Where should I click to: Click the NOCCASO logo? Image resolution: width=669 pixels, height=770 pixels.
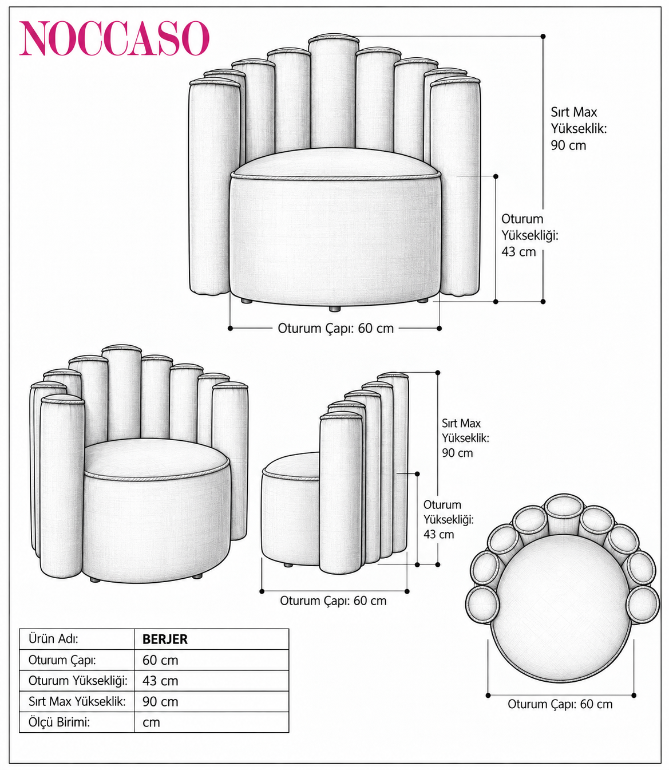pos(114,38)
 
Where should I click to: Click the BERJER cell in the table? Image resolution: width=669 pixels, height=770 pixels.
pos(165,639)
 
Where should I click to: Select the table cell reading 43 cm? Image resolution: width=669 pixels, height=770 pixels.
pos(160,681)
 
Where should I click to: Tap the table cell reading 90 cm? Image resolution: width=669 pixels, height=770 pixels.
pos(160,701)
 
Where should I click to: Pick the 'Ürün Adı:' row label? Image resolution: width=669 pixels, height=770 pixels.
pos(53,638)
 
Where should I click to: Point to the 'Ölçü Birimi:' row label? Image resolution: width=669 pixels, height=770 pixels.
pos(59,722)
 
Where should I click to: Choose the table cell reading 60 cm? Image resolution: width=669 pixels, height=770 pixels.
pos(160,660)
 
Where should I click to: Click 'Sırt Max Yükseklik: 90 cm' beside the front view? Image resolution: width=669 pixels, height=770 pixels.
pos(579,129)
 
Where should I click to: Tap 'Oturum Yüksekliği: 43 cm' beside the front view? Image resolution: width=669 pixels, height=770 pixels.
pos(530,235)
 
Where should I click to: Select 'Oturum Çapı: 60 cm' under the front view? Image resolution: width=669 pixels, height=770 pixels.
pos(335,328)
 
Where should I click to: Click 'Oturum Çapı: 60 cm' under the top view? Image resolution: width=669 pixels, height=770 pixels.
pos(560,704)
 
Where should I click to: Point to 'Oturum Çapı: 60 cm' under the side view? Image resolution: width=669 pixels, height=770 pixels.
pos(333,601)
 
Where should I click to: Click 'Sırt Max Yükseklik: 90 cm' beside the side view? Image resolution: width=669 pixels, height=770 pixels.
pos(465,438)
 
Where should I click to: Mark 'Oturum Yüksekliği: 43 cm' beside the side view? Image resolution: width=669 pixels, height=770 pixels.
pos(448,519)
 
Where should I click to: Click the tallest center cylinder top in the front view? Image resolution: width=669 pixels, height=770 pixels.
pos(334,38)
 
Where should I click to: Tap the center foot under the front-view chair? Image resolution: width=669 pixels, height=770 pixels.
pos(334,309)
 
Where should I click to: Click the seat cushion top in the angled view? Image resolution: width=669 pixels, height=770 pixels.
pos(157,459)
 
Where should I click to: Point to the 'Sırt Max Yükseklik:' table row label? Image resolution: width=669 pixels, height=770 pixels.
pos(77,701)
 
